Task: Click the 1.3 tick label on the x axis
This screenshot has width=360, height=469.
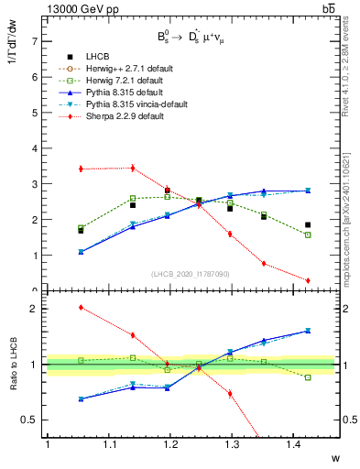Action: click(x=274, y=445)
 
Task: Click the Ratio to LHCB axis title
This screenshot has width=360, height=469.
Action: click(x=13, y=364)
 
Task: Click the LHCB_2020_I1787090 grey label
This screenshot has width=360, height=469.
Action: click(x=191, y=273)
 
